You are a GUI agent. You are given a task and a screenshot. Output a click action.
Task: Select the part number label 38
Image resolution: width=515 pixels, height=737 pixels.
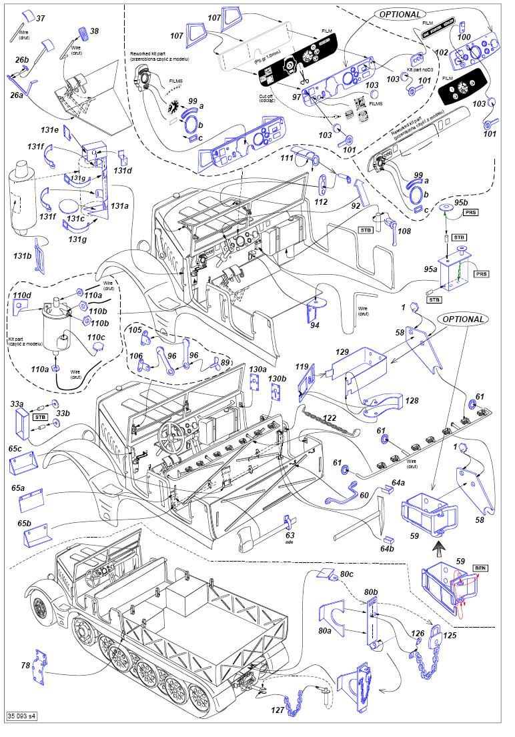[x=94, y=31]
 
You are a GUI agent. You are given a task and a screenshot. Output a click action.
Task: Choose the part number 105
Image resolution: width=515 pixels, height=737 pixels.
[x=135, y=330]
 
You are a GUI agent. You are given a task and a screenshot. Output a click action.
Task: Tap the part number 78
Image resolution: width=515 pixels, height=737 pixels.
[x=25, y=665]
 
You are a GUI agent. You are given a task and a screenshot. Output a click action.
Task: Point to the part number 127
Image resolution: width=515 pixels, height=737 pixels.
[x=277, y=711]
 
